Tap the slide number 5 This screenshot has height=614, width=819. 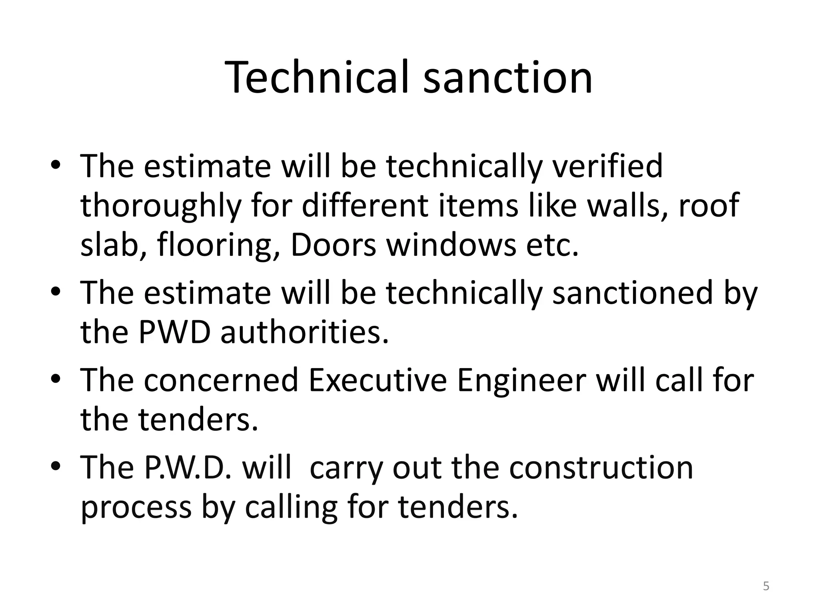click(766, 586)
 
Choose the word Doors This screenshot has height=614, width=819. click(333, 245)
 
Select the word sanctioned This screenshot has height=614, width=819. click(633, 293)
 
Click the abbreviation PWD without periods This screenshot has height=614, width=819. click(174, 332)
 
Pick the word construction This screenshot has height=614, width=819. click(601, 467)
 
